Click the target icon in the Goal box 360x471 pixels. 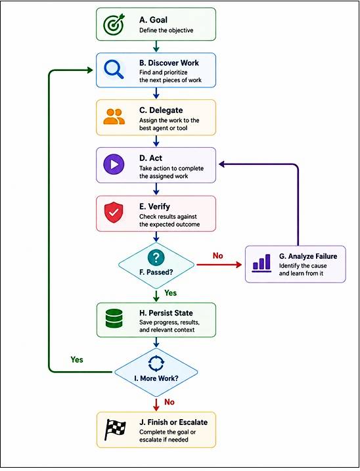click(x=113, y=24)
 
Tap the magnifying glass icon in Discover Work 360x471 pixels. click(x=114, y=70)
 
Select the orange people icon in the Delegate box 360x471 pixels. click(x=114, y=116)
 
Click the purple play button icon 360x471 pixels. click(x=114, y=164)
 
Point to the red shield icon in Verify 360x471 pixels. click(x=114, y=212)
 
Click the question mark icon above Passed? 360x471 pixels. click(x=156, y=257)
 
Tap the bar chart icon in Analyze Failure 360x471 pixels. click(x=261, y=263)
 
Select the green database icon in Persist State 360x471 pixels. click(x=114, y=319)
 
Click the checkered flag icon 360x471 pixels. click(x=115, y=430)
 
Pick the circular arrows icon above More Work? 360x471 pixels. click(x=156, y=364)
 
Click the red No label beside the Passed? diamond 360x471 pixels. click(x=218, y=256)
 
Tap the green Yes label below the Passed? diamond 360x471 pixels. click(x=170, y=293)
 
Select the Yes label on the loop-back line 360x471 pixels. click(x=77, y=359)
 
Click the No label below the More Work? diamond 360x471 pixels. click(x=169, y=402)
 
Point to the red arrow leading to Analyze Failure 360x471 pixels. click(x=219, y=265)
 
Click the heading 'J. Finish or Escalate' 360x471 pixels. click(x=173, y=422)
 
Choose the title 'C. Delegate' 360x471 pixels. click(x=161, y=110)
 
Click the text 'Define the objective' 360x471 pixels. click(x=166, y=30)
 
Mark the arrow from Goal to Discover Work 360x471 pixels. click(x=156, y=46)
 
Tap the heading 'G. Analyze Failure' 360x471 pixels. click(x=308, y=256)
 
